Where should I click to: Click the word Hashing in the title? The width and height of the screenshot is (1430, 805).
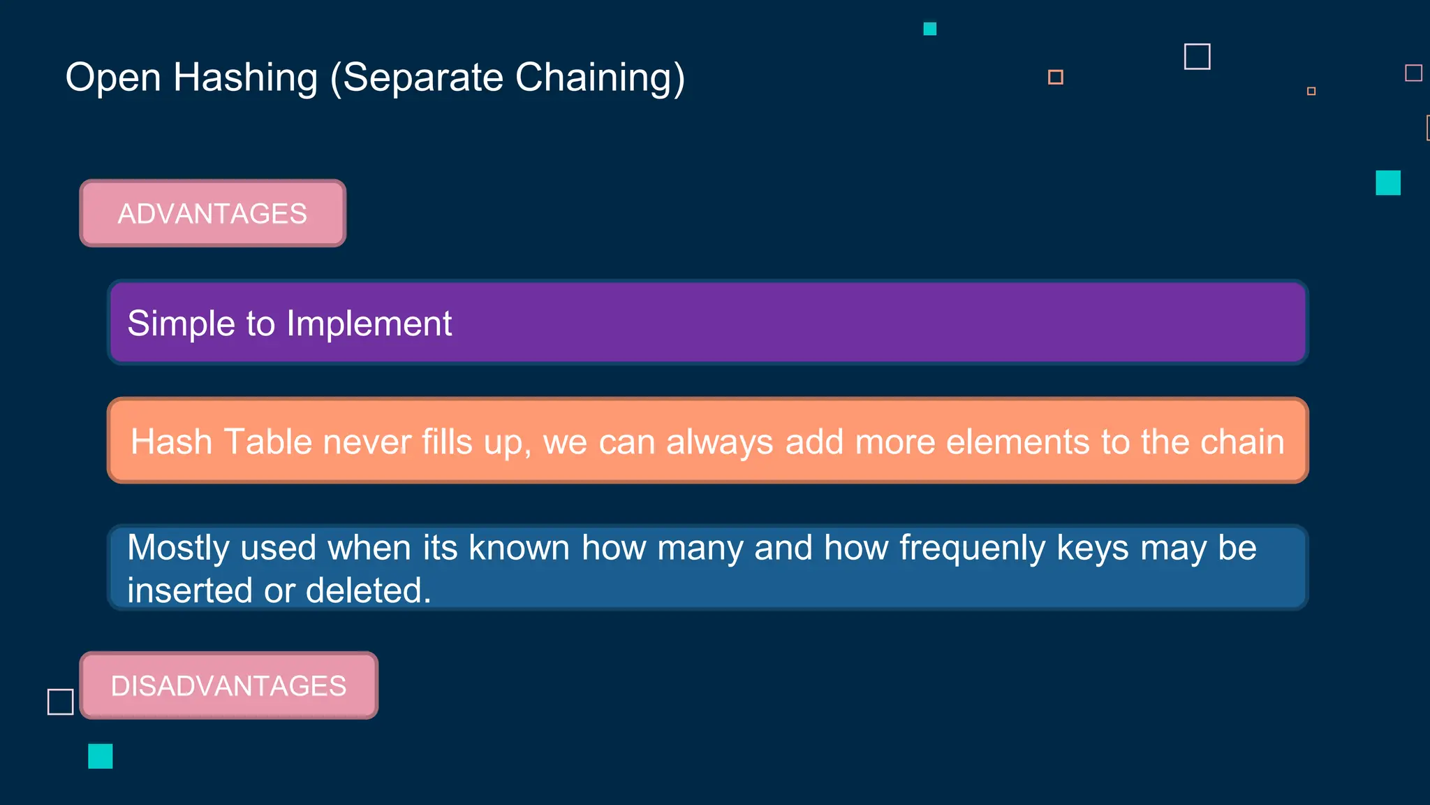click(245, 78)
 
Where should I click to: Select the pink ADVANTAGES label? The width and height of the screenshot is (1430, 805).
click(212, 213)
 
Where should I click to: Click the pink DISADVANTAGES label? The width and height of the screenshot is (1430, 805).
click(228, 686)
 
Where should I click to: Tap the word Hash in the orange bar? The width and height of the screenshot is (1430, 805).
click(171, 442)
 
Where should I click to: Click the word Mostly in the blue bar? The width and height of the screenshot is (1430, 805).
click(178, 549)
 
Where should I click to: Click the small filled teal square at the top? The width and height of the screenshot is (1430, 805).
click(929, 29)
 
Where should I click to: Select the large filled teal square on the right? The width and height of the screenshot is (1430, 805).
click(1387, 183)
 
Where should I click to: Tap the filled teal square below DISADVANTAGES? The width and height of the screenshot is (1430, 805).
click(101, 756)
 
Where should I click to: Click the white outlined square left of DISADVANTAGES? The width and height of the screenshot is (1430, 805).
click(61, 702)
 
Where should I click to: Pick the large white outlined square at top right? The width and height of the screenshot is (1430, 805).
click(1197, 57)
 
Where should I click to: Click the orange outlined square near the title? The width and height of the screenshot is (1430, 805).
click(1055, 77)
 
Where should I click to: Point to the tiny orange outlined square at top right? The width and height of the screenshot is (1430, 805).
click(1311, 91)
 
